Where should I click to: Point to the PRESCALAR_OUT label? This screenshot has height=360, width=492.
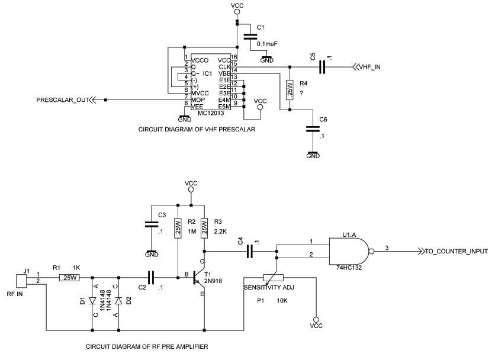pos(62,99)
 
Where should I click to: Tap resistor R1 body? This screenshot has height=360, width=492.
pos(69,277)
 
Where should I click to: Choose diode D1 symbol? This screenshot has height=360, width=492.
pos(92,301)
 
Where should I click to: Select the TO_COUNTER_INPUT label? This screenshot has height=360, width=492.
pos(456,251)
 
